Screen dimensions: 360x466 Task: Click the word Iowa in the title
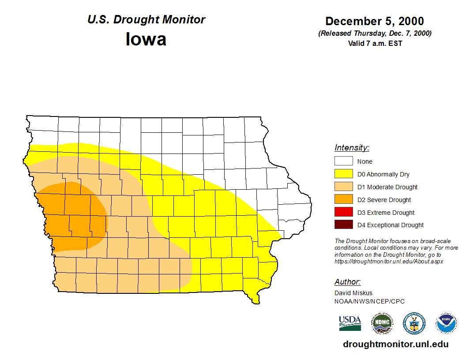146,39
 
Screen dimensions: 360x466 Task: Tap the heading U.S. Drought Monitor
146,20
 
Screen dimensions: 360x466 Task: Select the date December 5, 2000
375,21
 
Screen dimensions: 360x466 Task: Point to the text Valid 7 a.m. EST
375,43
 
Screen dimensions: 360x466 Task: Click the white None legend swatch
343,161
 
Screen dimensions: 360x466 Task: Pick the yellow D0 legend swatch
343,174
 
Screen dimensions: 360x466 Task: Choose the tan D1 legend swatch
343,187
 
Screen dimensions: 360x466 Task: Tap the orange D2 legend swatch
343,200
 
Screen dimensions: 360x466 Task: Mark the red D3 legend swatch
343,213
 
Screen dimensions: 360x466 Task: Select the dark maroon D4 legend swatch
343,225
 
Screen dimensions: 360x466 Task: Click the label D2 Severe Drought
384,200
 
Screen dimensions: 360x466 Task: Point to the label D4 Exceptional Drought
390,225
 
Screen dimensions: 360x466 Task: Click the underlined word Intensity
352,148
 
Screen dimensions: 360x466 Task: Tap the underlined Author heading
347,282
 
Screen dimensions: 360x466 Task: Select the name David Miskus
353,293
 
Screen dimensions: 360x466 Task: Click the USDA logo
350,323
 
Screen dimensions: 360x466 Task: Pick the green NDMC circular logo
382,323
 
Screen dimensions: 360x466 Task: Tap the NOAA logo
446,323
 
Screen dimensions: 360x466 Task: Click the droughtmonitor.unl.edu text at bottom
396,345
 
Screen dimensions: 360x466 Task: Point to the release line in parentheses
375,34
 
